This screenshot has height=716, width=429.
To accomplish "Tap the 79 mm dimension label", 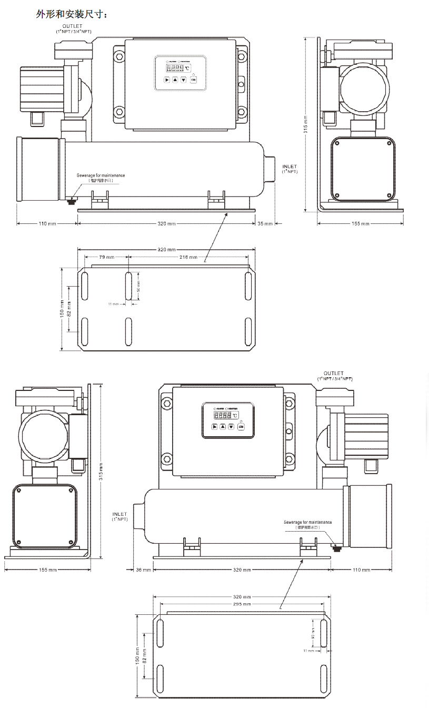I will (106, 257).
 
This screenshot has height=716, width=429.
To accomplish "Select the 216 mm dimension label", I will (188, 257).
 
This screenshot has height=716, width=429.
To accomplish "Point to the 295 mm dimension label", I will (242, 604).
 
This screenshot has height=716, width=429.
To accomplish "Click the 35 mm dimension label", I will (265, 224).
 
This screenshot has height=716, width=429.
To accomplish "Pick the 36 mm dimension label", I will (143, 570).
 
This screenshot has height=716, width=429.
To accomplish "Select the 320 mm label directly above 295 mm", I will (242, 597).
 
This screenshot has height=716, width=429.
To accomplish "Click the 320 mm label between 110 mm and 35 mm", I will (167, 224).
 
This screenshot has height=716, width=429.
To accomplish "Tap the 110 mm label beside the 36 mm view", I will (361, 570).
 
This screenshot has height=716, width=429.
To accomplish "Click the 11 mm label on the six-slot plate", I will (113, 304).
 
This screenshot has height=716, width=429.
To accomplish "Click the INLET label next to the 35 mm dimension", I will (290, 169).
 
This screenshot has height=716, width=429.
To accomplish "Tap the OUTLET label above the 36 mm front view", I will (334, 374).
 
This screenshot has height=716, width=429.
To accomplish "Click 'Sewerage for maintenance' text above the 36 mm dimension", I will (308, 522).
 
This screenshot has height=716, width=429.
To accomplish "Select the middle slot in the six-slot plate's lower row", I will (128, 332).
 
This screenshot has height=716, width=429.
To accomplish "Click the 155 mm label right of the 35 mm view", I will (361, 224).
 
